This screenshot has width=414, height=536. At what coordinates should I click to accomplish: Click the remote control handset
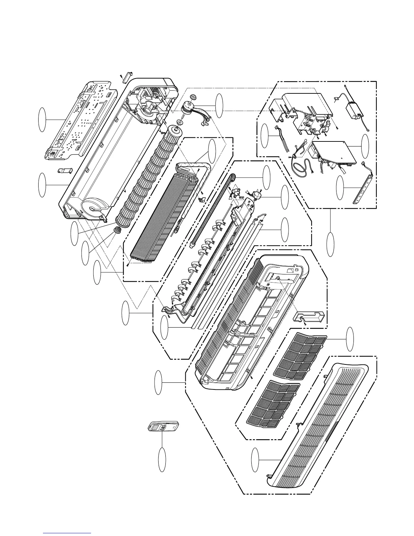163,427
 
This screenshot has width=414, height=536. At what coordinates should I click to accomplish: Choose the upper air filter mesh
300,355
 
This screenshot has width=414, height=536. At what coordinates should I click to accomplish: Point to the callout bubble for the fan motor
220,104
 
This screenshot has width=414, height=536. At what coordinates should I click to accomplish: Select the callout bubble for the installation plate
42,119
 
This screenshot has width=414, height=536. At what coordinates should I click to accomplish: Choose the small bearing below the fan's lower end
118,231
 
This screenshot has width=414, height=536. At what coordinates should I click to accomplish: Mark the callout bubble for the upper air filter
351,339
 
